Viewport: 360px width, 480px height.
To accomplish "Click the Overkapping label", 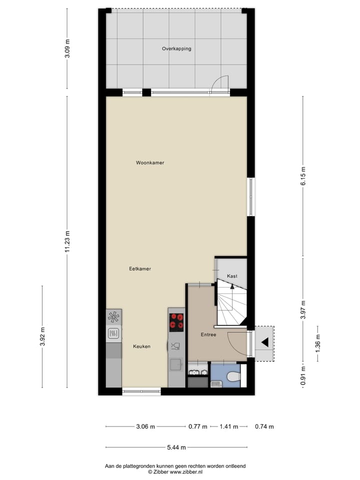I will click(176, 49).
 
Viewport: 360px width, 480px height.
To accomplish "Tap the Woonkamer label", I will click(150, 163).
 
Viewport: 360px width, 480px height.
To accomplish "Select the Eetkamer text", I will click(140, 269).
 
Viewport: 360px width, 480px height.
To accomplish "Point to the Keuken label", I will click(141, 346).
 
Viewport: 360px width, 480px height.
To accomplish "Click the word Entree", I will click(208, 334).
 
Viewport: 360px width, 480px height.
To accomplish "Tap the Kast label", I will click(232, 276).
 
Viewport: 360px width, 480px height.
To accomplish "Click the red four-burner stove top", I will click(176, 322).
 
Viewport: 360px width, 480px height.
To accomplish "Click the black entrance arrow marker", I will click(264, 342).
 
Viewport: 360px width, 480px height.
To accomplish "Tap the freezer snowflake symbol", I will click(113, 316).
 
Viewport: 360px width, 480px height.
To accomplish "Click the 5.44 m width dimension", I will click(176, 447).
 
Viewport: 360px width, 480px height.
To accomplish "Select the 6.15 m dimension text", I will click(303, 176).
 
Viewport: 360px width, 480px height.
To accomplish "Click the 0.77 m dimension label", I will click(197, 426).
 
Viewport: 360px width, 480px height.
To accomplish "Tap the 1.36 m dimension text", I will click(318, 343).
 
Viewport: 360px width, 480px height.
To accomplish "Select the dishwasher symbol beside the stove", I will click(176, 345).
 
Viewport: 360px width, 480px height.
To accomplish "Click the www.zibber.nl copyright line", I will click(175, 471).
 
